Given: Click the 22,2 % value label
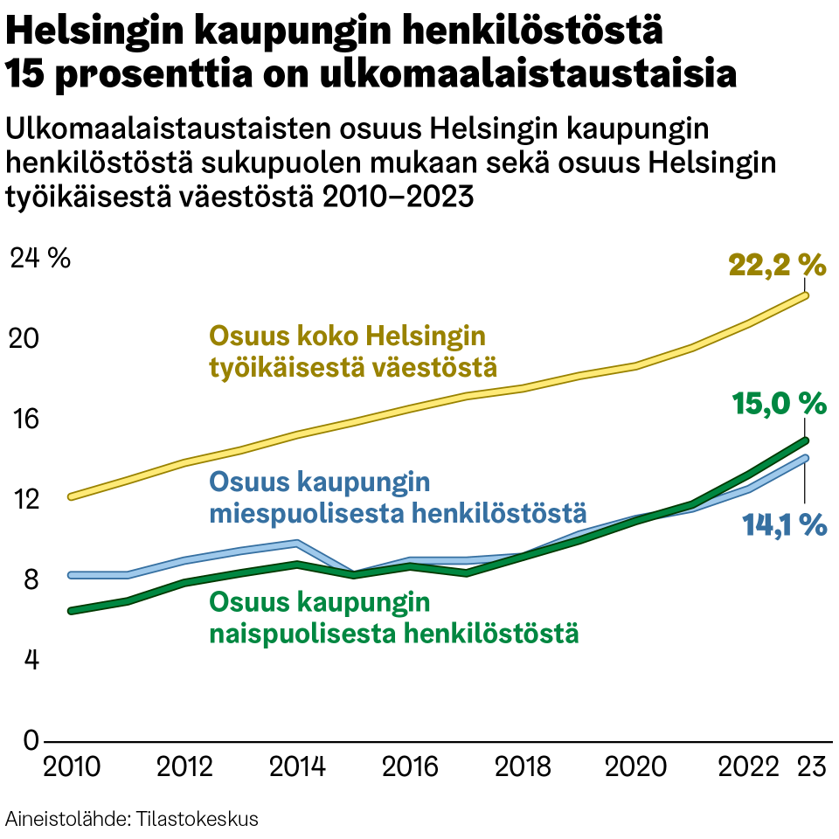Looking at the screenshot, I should coord(777,264).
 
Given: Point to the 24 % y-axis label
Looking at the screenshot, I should coord(40,258).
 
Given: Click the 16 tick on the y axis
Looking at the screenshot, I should coord(25,419).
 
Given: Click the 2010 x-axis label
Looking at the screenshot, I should coord(72,767).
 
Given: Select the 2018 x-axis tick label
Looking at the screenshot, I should coord(523,767).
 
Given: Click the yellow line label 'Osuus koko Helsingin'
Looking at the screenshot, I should coord(347,336).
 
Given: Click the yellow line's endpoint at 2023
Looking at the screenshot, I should coord(805,295).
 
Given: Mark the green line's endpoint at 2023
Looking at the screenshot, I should coord(805,440).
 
